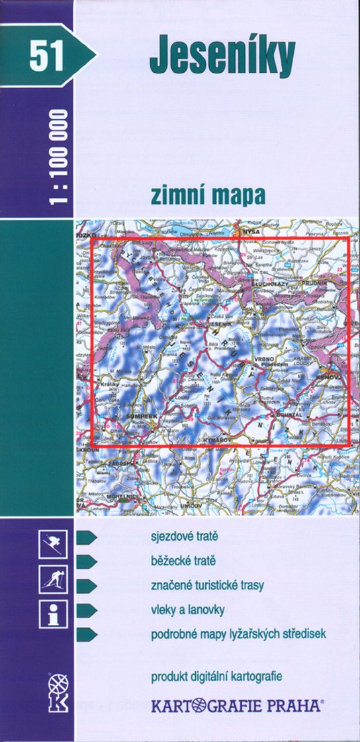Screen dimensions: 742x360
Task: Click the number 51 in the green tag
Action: click(46, 55)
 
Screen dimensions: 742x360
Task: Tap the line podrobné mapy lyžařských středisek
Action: click(238, 634)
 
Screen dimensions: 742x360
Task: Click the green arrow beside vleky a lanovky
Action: click(87, 610)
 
